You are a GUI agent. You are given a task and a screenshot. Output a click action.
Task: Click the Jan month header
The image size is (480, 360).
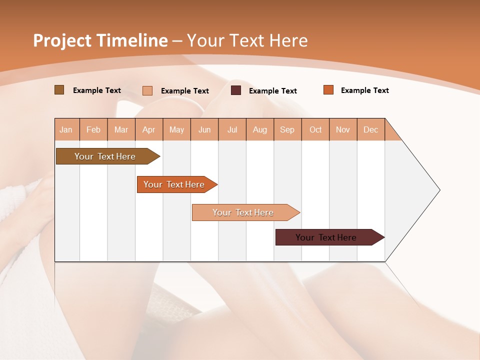point(66,129)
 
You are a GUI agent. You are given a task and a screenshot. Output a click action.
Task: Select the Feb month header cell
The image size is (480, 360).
point(93,129)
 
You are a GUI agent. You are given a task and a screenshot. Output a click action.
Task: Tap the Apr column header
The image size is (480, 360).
point(149,129)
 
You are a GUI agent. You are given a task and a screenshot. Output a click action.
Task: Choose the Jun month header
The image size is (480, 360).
point(204,129)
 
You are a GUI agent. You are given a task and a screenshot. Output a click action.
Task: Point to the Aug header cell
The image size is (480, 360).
point(260,129)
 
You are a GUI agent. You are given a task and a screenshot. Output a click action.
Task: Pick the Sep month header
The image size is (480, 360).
point(287,129)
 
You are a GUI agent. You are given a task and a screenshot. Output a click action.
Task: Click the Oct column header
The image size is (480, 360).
point(315,129)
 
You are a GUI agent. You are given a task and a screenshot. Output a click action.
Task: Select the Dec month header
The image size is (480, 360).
point(371,129)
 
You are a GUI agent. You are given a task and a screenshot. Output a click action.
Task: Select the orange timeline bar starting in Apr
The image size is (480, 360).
point(175,184)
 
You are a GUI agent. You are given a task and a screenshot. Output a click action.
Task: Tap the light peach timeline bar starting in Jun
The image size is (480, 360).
point(244,212)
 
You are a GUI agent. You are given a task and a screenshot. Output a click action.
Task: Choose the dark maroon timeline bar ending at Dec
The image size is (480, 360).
point(327,237)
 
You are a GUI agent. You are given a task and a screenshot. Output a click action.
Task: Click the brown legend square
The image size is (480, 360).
point(59,90)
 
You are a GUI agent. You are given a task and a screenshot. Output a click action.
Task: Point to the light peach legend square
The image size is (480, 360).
point(147,90)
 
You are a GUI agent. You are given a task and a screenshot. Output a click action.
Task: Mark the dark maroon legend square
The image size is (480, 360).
point(236,90)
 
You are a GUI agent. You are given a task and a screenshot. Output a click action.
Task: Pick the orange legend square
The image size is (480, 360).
point(328,90)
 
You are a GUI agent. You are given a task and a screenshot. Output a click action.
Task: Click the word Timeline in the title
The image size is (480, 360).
point(132,40)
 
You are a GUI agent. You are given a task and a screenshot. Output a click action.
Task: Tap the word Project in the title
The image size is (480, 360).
point(62,40)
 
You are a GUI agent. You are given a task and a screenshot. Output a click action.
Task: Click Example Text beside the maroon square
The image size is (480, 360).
point(273,91)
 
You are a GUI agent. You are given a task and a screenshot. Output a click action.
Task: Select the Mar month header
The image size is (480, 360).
point(121,129)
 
